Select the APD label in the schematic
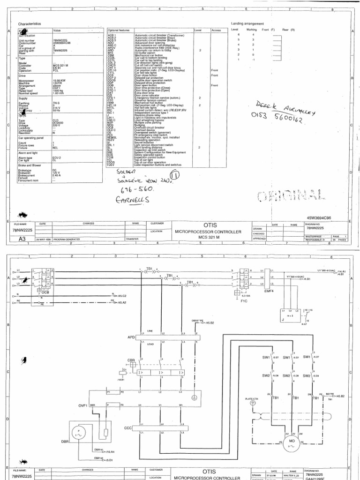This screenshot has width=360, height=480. pos(131,337)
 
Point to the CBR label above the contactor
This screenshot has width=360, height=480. pos(131,360)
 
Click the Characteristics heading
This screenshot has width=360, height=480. pos(30,23)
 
